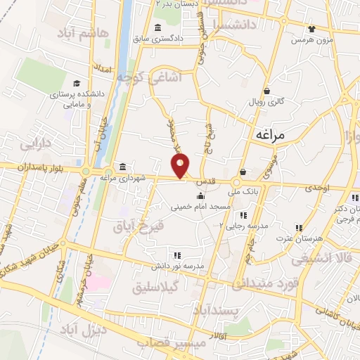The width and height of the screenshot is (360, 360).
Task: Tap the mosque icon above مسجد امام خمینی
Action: (x=201, y=196)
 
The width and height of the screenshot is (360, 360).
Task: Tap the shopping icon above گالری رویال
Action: (x=266, y=91)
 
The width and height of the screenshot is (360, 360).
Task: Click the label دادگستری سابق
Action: (x=179, y=38)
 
